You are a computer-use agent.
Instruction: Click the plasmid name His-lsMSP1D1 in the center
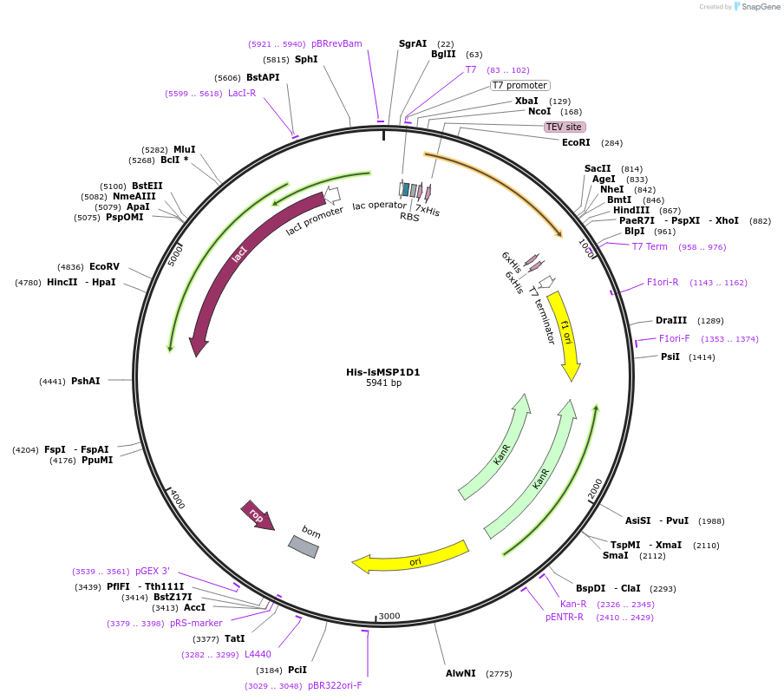point(382,372)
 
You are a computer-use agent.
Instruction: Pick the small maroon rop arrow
point(258,515)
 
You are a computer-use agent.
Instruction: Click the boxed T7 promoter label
point(519,85)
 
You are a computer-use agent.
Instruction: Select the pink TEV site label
point(564,127)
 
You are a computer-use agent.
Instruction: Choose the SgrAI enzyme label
point(413,43)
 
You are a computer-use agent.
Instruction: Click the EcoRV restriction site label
point(104,266)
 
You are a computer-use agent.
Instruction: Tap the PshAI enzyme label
point(85,381)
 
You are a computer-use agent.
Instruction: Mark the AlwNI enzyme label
point(461,673)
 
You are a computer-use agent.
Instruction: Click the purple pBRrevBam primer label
point(336,43)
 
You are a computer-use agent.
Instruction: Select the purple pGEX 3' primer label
point(153,571)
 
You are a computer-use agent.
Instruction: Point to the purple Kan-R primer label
point(573,604)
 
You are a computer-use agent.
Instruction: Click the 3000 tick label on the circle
point(389,616)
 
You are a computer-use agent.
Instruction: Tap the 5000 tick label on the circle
point(177,254)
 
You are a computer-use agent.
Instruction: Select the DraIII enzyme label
point(671,320)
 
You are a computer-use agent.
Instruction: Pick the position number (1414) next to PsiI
point(702,357)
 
